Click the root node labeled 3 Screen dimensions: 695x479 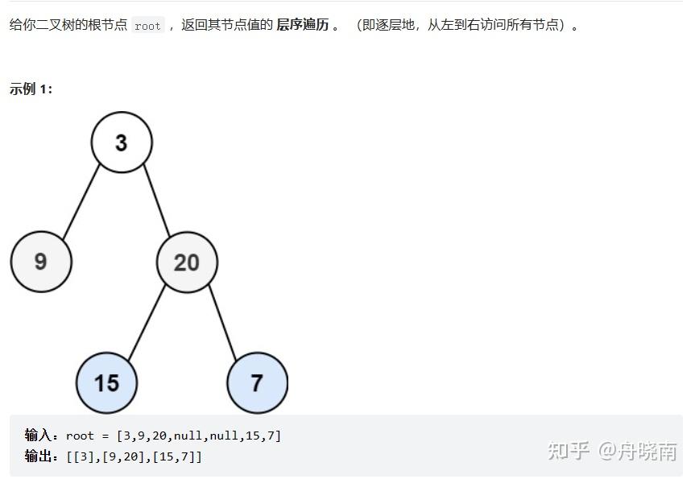pos(121,142)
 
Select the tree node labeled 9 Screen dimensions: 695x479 pos(41,262)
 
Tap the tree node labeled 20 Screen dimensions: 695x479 pos(187,262)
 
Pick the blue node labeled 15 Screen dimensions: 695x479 pos(106,382)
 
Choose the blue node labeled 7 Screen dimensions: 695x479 pos(257,382)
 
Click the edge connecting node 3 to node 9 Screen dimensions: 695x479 pos(81,202)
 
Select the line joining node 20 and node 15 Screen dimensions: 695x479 pos(147,321)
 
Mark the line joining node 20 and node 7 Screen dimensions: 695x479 pos(222,321)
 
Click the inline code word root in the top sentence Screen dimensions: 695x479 pos(147,26)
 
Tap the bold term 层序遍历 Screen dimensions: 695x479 pos(302,25)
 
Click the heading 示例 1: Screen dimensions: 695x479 pos(31,89)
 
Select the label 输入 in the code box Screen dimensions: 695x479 pos(39,436)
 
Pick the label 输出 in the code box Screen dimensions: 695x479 pos(39,456)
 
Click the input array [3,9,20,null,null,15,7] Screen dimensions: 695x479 pos(198,436)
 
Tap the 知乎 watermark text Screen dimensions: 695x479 pos(569,451)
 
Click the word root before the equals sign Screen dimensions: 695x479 pos(81,436)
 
